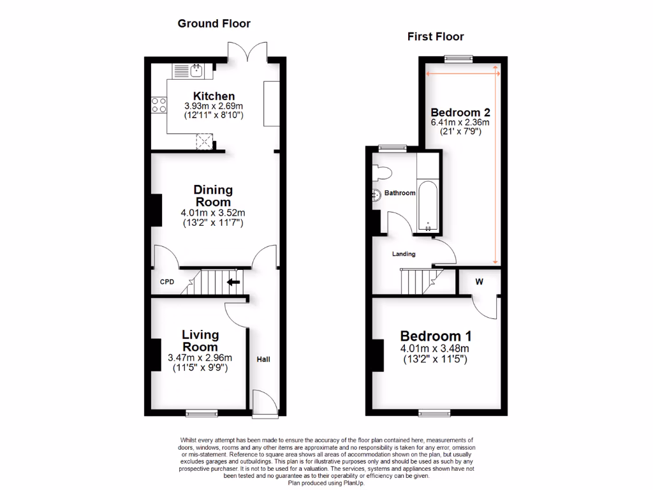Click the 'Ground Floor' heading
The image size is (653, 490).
(x=214, y=24)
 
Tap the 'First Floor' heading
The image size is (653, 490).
(x=436, y=36)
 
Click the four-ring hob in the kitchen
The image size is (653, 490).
(x=158, y=105)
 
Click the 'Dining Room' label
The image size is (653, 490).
(x=213, y=196)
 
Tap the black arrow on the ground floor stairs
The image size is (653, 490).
(x=233, y=281)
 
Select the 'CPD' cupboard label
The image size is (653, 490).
(x=166, y=281)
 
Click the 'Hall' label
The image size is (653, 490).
(x=263, y=360)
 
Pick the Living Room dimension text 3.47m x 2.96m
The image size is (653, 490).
(x=200, y=357)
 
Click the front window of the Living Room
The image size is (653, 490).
(x=202, y=413)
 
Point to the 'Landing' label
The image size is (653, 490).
(x=404, y=254)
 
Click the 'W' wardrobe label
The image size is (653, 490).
(x=479, y=281)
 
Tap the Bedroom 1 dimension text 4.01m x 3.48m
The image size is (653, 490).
(x=436, y=348)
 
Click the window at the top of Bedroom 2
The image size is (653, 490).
(x=459, y=58)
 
